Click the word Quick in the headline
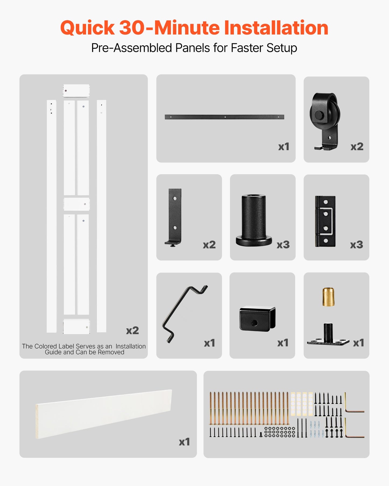point(87,28)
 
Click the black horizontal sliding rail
point(199,117)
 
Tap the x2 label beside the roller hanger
point(357,147)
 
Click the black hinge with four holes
point(325,221)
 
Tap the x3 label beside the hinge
point(356,245)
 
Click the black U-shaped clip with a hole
point(257,319)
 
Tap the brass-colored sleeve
point(328,297)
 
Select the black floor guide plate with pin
point(328,339)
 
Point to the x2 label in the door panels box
point(132,330)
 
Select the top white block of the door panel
point(76,91)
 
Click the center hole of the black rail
point(225,117)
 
